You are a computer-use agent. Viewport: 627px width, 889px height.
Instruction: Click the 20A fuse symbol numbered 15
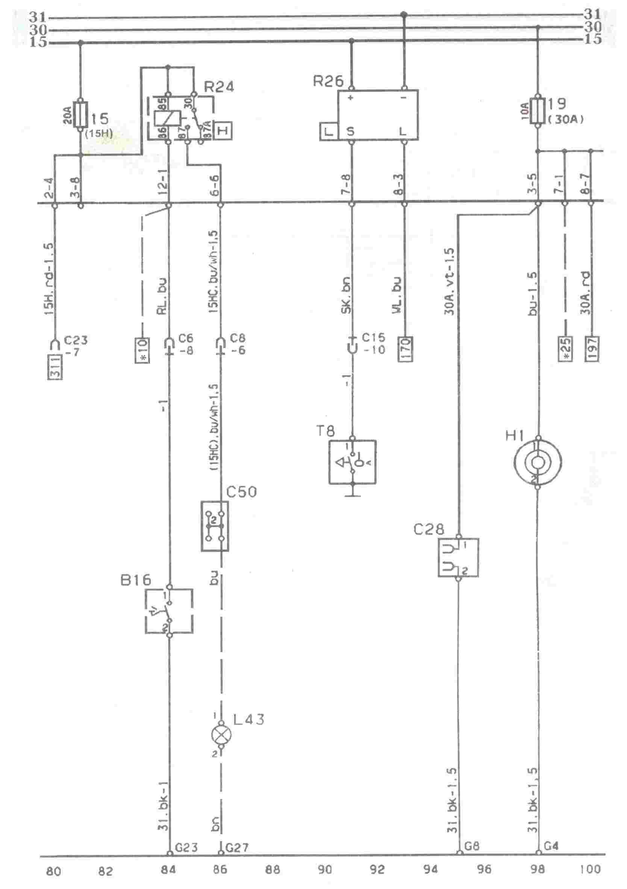pos(81,114)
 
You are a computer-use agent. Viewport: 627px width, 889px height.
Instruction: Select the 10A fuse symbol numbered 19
pos(537,110)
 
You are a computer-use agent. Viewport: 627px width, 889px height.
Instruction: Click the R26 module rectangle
pos(378,115)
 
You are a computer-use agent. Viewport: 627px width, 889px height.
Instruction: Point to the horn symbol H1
pos(537,462)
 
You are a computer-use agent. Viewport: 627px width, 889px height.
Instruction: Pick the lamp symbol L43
pos(221,734)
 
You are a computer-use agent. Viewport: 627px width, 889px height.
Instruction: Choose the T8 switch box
pos(352,462)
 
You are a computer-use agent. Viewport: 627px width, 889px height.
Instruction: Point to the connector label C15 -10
pos(373,343)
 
